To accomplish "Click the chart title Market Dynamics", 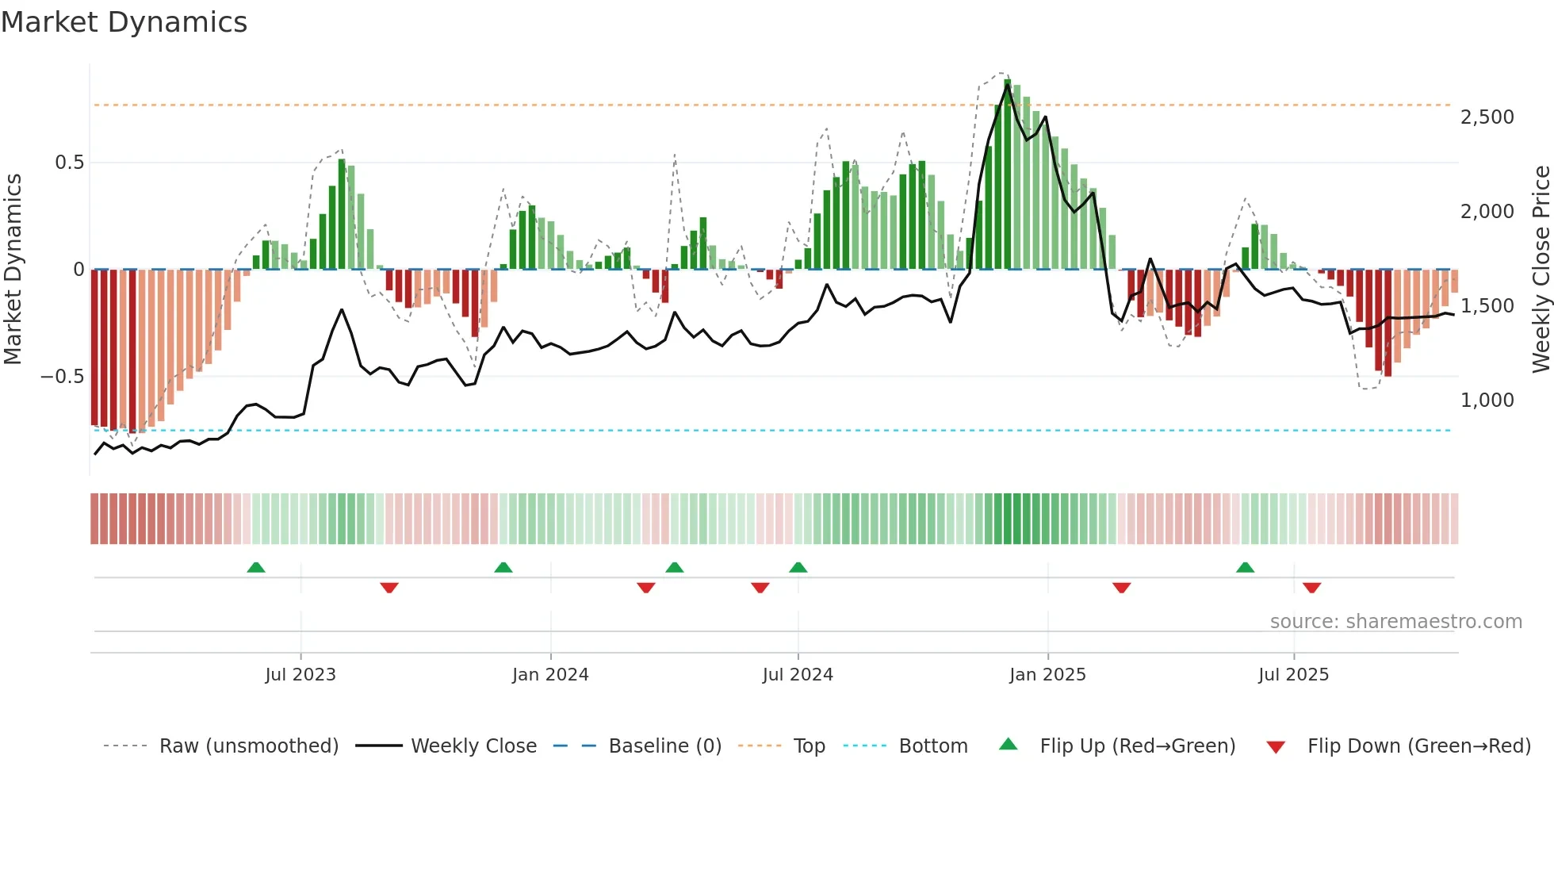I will click(124, 22).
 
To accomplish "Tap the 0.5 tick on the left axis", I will click(69, 163).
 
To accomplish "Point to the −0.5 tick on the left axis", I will click(63, 377).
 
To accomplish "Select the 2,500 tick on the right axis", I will click(1487, 117).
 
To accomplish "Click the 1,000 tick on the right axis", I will click(1487, 401).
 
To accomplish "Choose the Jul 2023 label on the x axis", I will click(300, 675).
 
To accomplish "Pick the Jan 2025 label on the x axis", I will click(1047, 675).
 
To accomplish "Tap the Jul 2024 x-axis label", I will click(798, 675).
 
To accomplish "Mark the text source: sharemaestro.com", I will click(1395, 622).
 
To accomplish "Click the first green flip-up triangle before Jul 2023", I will click(255, 568).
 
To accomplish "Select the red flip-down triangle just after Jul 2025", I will click(1311, 588).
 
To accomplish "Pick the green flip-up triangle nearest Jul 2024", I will click(798, 568).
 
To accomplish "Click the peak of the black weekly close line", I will click(1008, 86).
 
